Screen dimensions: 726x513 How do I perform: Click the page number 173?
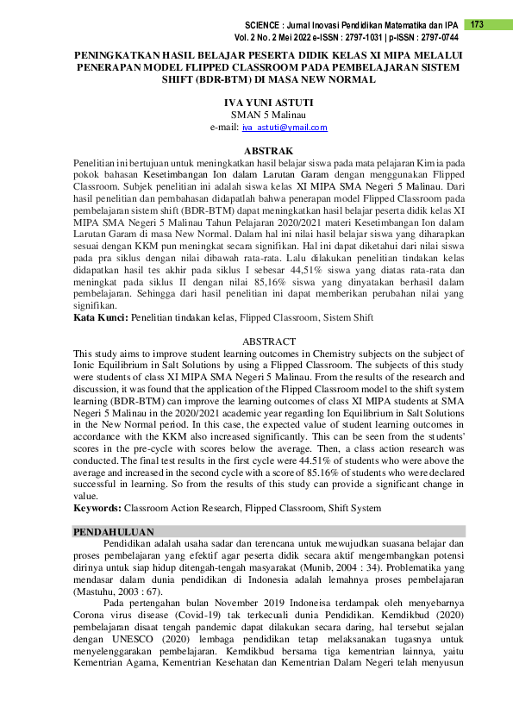477,24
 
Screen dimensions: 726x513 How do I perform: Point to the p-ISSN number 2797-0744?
438,39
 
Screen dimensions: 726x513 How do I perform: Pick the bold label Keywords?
97,508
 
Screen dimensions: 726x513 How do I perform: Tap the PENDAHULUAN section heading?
114,532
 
